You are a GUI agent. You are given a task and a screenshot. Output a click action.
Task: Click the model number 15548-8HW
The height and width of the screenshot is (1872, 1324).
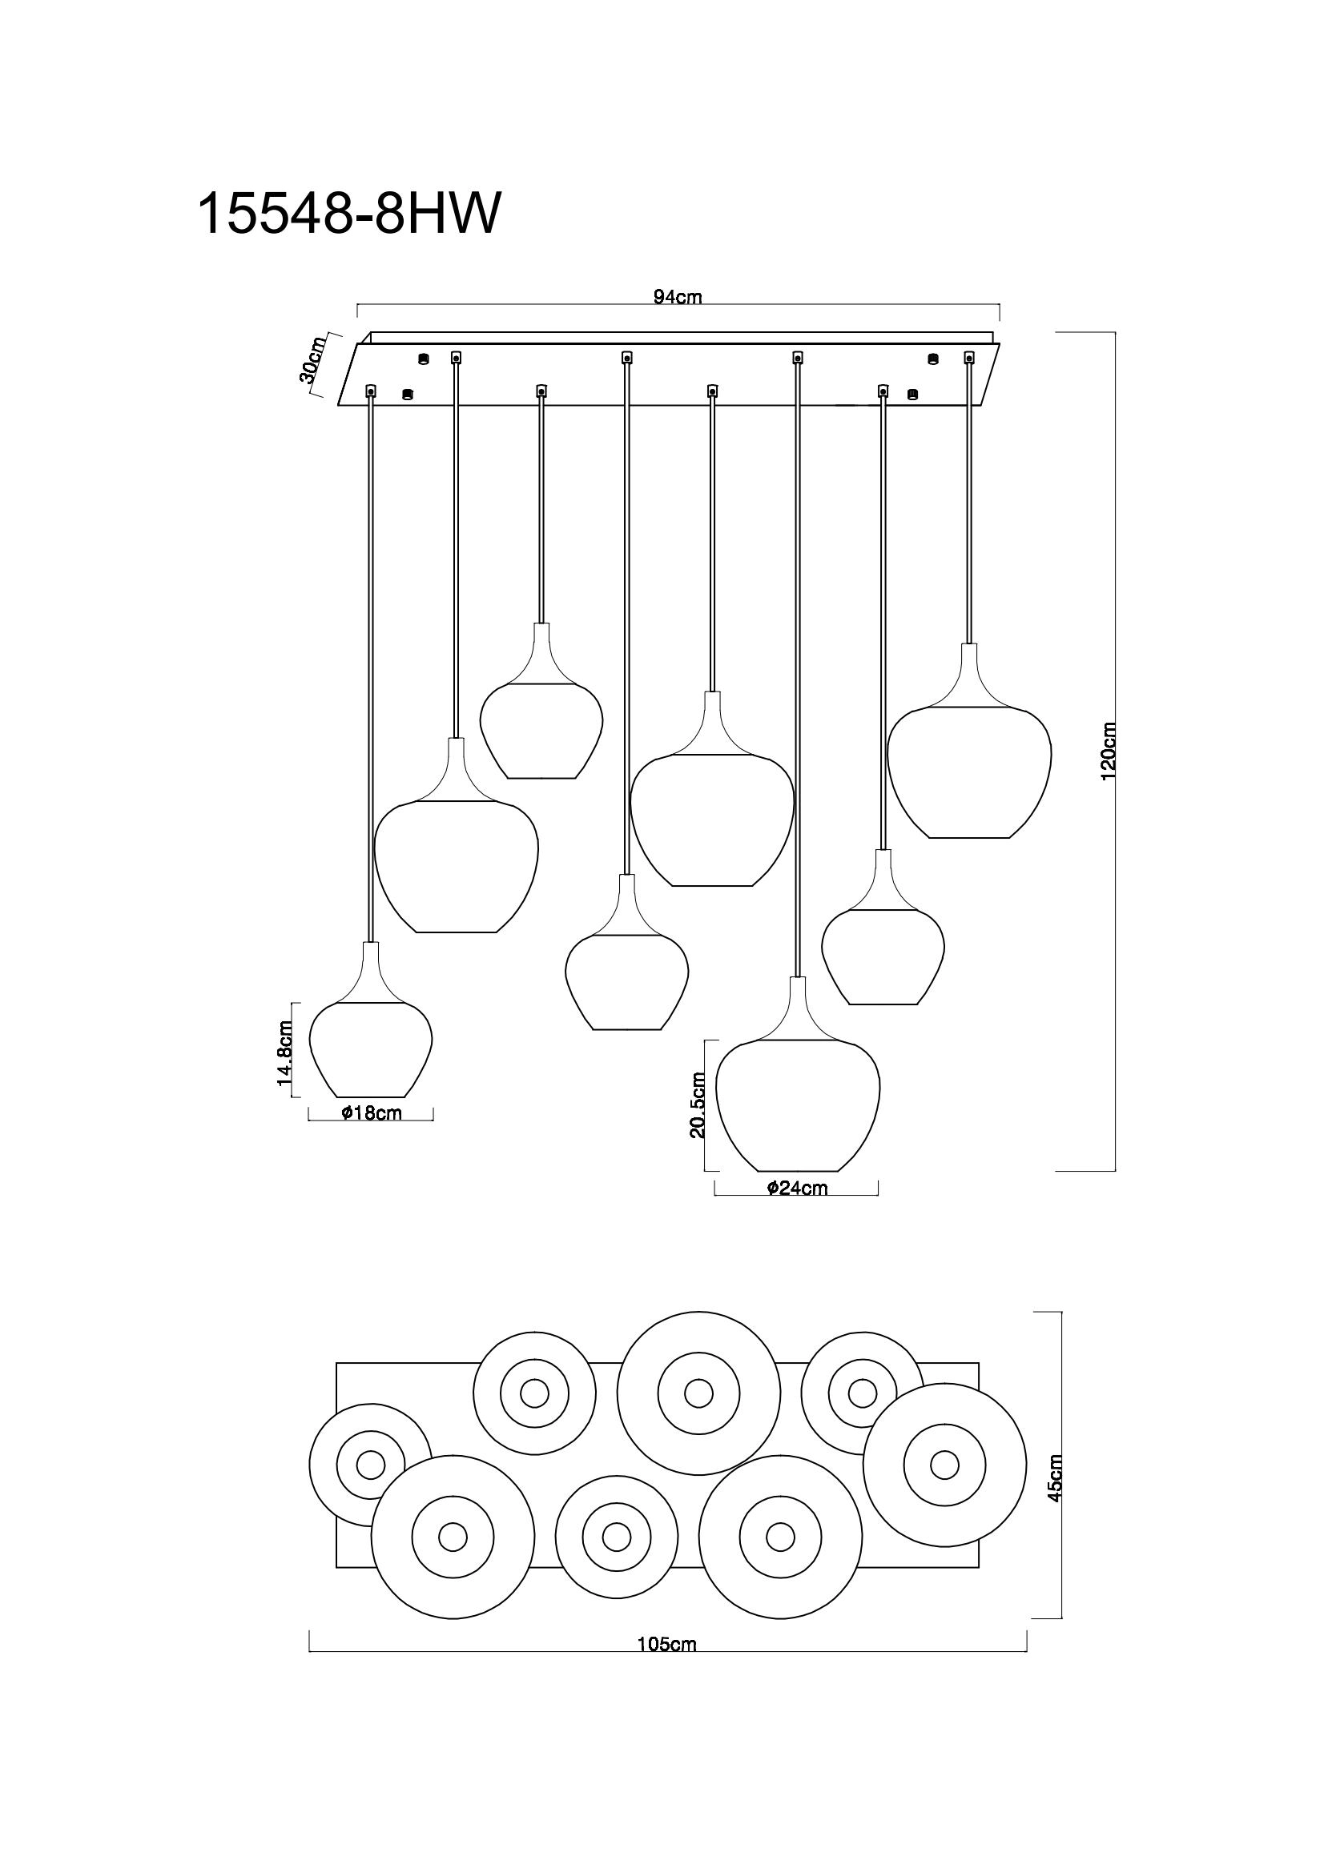pyautogui.click(x=347, y=214)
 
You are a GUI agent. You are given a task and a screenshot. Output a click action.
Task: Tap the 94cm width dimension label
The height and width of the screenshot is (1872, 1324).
pyautogui.click(x=677, y=297)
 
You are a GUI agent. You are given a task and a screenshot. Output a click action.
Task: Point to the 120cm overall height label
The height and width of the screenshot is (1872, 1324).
pyautogui.click(x=1108, y=751)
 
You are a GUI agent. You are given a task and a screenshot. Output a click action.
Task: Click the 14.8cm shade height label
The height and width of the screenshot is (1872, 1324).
pyautogui.click(x=284, y=1052)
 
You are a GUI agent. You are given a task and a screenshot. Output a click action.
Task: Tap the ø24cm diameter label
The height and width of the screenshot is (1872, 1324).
pyautogui.click(x=797, y=1188)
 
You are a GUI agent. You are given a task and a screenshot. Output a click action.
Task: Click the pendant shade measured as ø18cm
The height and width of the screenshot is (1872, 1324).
pyautogui.click(x=371, y=1048)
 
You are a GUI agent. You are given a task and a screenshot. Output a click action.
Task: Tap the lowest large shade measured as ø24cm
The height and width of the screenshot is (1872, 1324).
pyautogui.click(x=797, y=1102)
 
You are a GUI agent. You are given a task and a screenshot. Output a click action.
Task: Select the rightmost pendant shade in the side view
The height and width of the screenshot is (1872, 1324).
pyautogui.click(x=969, y=771)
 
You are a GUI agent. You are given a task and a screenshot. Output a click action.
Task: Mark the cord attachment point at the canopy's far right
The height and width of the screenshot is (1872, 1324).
pyautogui.click(x=969, y=357)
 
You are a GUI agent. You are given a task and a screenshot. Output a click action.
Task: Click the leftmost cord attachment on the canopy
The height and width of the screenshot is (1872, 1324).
pyautogui.click(x=371, y=392)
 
